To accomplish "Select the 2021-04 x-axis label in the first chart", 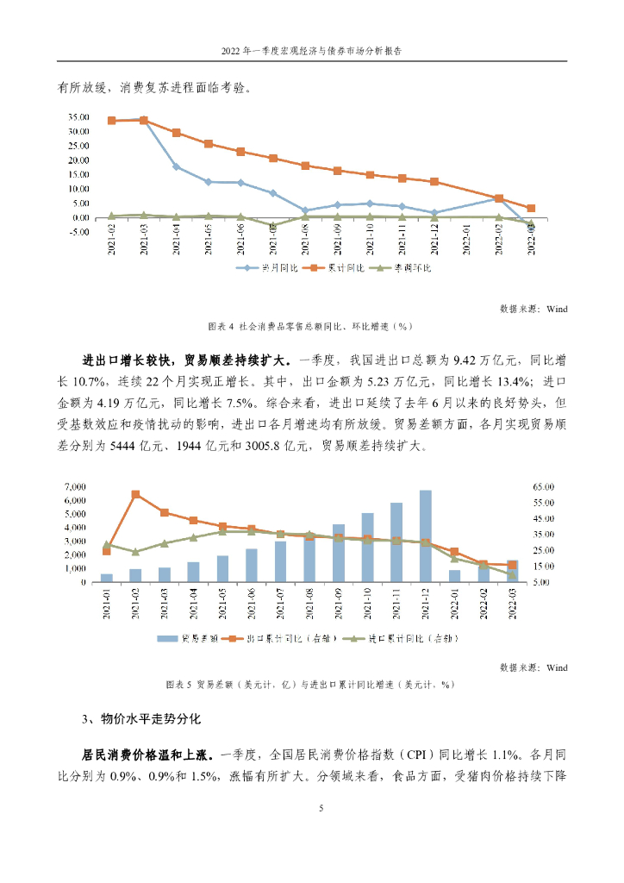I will [177, 240].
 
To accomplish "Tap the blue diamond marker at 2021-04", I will [177, 166].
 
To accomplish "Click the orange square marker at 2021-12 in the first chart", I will [434, 182].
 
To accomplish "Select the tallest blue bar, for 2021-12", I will [425, 535].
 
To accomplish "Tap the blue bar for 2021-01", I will [107, 578].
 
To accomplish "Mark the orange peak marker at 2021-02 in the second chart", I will [136, 494].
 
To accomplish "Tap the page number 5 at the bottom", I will [321, 809].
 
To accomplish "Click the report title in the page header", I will [311, 51].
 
